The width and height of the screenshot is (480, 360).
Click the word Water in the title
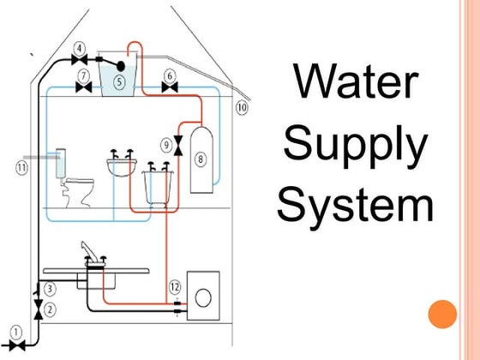[355, 82]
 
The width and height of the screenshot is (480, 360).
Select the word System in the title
[355, 207]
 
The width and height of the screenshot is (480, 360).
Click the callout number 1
[15, 330]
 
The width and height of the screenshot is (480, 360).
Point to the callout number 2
[50, 308]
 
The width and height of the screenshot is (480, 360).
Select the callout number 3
[50, 289]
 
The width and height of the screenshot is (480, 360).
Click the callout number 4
[80, 48]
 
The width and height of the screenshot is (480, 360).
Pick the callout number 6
[170, 75]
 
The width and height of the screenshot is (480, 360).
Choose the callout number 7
[83, 75]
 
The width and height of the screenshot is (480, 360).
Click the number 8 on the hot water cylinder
[201, 159]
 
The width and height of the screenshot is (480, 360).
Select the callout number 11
[21, 167]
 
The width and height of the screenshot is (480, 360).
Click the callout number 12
[175, 285]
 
